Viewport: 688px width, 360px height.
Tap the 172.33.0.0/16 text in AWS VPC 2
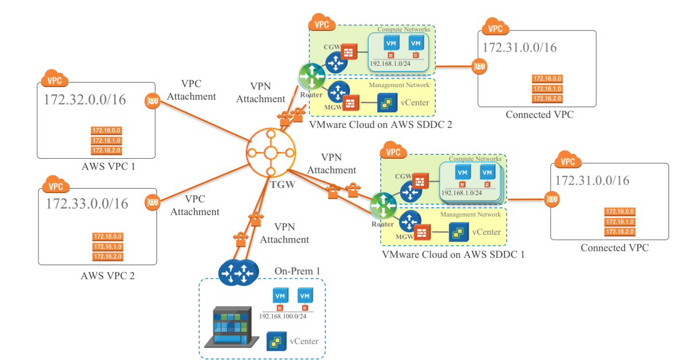tap(87, 204)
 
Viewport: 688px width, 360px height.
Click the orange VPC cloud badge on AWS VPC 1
tap(55, 79)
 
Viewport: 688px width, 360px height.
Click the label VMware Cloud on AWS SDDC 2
tap(381, 124)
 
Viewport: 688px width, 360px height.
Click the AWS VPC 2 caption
tap(108, 276)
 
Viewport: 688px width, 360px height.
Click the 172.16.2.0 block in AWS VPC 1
tap(106, 151)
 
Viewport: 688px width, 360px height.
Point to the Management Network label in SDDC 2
tap(399, 85)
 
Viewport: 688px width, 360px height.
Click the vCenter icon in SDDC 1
tap(457, 233)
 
